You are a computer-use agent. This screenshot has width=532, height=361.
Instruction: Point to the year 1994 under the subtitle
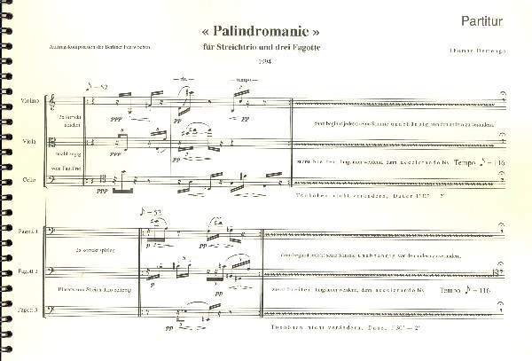pos(263,59)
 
